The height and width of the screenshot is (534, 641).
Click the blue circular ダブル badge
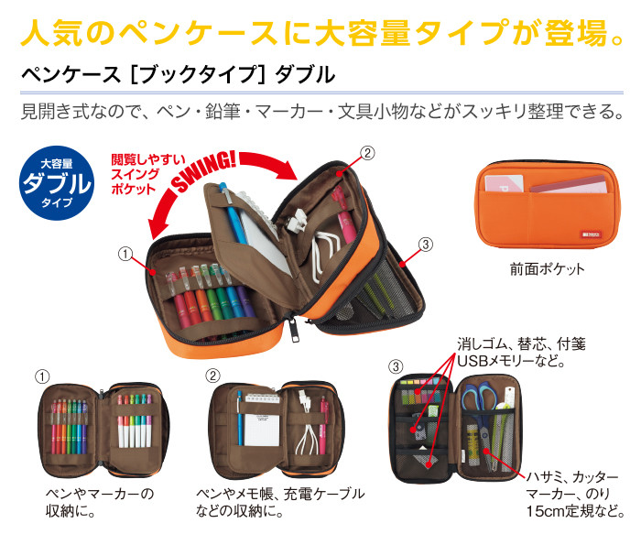tap(57, 183)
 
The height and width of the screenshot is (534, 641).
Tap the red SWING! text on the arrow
tap(203, 170)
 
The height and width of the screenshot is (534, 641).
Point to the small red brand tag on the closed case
tap(591, 234)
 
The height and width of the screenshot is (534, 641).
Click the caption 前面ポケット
tap(547, 268)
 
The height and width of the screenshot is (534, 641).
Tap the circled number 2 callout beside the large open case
tap(367, 153)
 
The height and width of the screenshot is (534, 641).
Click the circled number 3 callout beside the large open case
tap(425, 245)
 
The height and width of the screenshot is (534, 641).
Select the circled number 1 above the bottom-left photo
tap(42, 376)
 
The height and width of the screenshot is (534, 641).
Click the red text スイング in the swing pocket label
tap(136, 174)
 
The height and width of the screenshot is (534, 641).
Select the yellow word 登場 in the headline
tap(576, 32)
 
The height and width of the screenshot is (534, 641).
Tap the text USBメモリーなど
tap(511, 361)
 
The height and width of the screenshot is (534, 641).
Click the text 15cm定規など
tap(575, 511)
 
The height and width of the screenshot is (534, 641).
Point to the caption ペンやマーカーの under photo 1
tap(100, 494)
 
